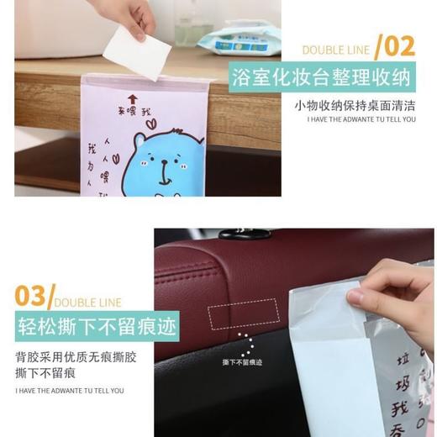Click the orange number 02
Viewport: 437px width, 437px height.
400,46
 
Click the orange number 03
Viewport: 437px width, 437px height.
32,296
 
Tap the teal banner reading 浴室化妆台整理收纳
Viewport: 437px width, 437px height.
323,78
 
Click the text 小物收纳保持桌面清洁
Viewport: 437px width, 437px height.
355,105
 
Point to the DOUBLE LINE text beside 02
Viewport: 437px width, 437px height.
335,50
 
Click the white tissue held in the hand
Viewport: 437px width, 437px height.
138,51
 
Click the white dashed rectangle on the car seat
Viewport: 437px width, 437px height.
243,313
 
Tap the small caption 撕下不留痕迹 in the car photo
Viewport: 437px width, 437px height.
242,362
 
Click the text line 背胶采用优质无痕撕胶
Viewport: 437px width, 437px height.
76,356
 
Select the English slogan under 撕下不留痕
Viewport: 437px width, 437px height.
70,391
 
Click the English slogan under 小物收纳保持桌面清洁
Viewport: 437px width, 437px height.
361,119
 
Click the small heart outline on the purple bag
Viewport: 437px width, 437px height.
150,123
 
